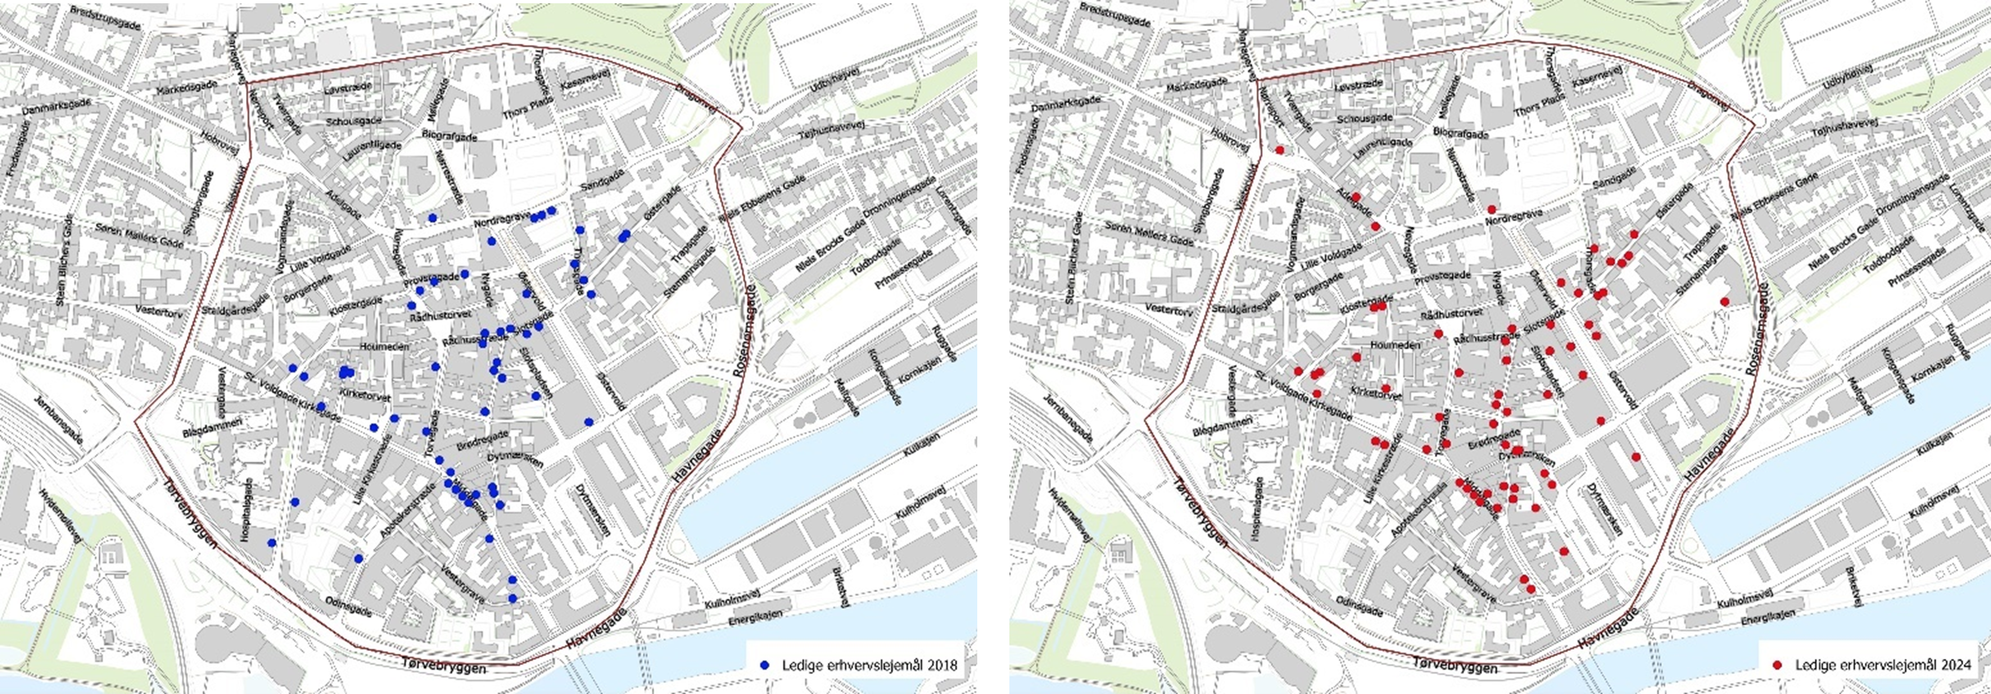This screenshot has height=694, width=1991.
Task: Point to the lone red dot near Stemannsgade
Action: (x=1724, y=302)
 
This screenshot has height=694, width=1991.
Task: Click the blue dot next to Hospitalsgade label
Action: (x=272, y=543)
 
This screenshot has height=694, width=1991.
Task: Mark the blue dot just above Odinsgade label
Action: (x=358, y=558)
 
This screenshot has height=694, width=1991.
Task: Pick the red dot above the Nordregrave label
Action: (x=1491, y=210)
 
